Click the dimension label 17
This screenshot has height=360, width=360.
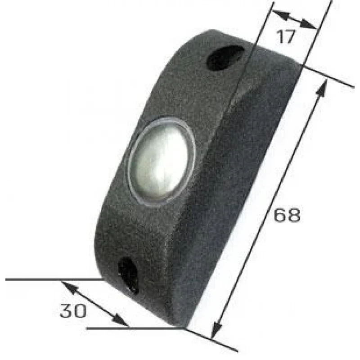pyautogui.click(x=285, y=37)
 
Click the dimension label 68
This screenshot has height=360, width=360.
pyautogui.click(x=287, y=215)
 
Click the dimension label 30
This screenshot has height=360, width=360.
pyautogui.click(x=73, y=311)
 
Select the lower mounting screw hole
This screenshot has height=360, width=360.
pyautogui.click(x=129, y=274)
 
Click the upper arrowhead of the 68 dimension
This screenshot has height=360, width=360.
pyautogui.click(x=321, y=88)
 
